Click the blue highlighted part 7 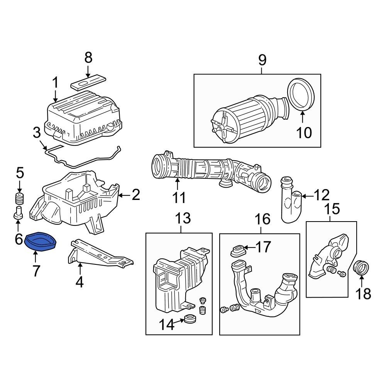tap(40, 242)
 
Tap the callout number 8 tap(88, 58)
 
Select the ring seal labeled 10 tap(301, 95)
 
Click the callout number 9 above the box tap(262, 60)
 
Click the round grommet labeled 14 tap(190, 319)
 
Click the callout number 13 tap(183, 219)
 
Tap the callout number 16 tap(262, 220)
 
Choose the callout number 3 tap(36, 134)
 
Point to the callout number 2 tap(135, 195)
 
